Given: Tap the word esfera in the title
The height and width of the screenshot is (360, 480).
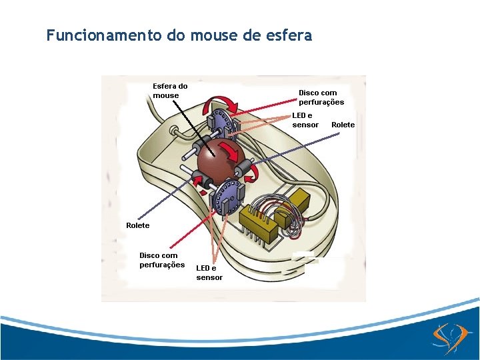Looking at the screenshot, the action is click(289, 35).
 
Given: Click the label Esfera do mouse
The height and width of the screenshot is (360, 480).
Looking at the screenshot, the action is click(170, 91).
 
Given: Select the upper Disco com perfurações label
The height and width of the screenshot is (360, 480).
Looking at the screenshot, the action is click(321, 97).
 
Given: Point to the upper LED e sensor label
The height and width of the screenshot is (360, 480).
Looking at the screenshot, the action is click(305, 120).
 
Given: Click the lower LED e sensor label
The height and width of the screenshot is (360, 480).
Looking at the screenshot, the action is click(209, 272).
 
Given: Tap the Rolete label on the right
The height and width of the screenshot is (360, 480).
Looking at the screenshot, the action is click(343, 125).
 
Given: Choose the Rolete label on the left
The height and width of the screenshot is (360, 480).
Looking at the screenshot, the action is click(138, 225).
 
